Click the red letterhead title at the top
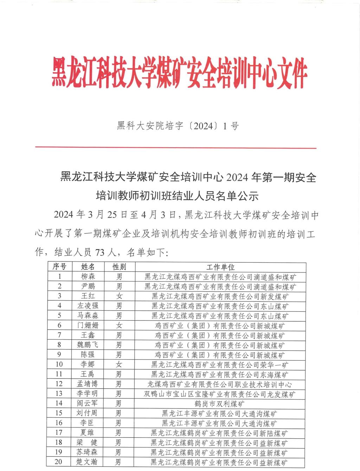tap(180, 74)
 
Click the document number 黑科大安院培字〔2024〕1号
tap(178, 125)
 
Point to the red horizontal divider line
tap(176, 148)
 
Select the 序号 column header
tap(59, 267)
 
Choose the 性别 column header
tap(119, 267)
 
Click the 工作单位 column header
tap(220, 267)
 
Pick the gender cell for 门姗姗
tap(119, 325)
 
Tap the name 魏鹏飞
tap(88, 345)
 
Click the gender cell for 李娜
tap(119, 364)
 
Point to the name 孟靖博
tap(88, 384)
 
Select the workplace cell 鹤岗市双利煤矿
tap(220, 404)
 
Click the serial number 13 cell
tap(59, 394)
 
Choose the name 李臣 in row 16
tap(88, 423)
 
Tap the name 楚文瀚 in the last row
tap(88, 462)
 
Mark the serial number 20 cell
tap(59, 462)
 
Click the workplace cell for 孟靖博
tap(220, 384)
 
